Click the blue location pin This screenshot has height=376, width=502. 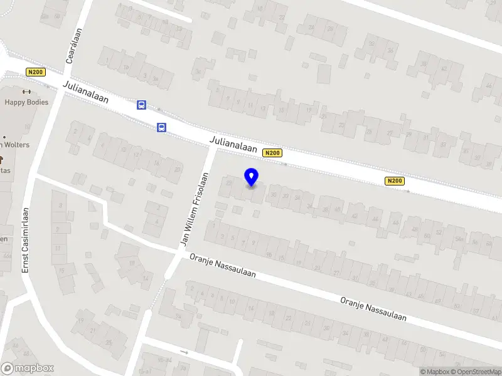[x=252, y=178]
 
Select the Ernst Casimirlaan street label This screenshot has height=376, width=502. [x=26, y=239]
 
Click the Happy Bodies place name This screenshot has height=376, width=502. [x=26, y=102]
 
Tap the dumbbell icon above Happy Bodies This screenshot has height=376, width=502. [x=26, y=91]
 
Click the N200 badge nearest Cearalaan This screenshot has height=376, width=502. [x=35, y=72]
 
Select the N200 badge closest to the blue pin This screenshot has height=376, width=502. [x=272, y=153]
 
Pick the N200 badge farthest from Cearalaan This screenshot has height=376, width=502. [x=395, y=181]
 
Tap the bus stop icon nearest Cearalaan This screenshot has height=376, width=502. [x=142, y=105]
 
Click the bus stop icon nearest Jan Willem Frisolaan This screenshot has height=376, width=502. [x=161, y=127]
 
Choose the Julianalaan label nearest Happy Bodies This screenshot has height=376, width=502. [x=85, y=92]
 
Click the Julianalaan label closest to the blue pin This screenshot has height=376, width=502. [x=234, y=144]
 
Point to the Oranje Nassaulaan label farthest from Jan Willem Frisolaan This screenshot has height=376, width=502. [x=373, y=309]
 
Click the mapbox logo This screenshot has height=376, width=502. [x=28, y=368]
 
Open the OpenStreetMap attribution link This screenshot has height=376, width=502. [x=475, y=372]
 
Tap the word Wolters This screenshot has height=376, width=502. [x=19, y=145]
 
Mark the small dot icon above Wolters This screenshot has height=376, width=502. [x=4, y=137]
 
